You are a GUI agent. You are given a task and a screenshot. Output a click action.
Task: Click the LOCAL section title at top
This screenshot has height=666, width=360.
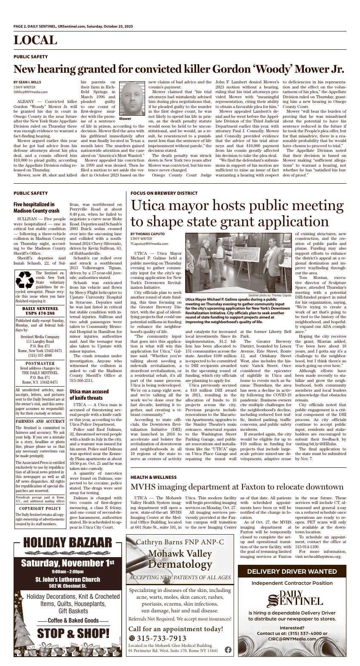[35, 40]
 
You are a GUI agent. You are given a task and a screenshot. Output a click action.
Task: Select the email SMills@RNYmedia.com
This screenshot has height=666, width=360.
[30, 91]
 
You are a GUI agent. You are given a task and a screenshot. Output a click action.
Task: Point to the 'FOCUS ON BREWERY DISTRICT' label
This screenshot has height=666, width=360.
[164, 193]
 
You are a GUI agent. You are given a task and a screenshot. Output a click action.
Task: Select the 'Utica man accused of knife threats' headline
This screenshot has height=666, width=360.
[89, 394]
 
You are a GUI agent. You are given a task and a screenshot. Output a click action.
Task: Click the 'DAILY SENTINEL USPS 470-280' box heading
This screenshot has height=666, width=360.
[40, 311]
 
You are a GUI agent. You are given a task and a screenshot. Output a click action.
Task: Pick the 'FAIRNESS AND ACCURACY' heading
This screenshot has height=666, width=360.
[40, 421]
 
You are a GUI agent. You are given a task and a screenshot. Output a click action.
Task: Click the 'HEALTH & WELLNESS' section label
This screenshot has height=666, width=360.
[153, 477]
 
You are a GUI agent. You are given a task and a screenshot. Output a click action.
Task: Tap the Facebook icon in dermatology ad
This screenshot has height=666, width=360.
[228, 649]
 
